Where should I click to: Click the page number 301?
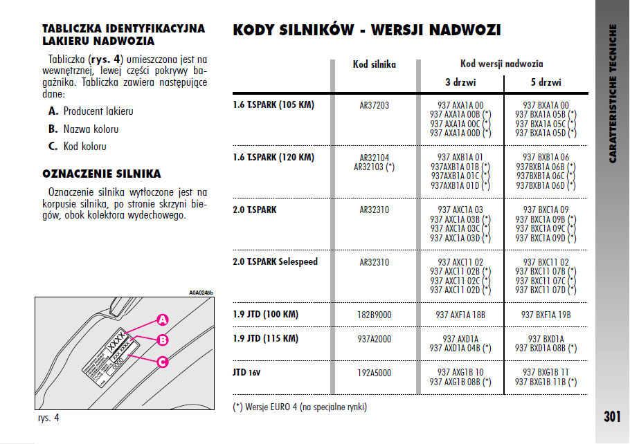tap(611, 416)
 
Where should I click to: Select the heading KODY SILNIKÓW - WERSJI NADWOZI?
tap(367, 30)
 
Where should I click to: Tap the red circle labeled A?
tap(162, 320)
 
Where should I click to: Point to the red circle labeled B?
tap(162, 340)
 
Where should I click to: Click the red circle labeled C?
tap(162, 361)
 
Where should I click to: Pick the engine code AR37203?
tap(374, 105)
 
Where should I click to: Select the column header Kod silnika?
tap(374, 64)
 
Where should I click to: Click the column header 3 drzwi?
tap(460, 82)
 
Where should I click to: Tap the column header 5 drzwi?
tap(546, 82)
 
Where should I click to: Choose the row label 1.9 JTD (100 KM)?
tap(266, 314)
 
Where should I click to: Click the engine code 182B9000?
tap(374, 315)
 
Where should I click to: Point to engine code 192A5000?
tap(374, 373)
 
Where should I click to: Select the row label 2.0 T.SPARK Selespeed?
tap(276, 262)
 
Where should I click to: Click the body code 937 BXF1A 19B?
tap(546, 315)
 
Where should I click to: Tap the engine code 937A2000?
tap(374, 339)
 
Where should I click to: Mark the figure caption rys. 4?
tap(48, 418)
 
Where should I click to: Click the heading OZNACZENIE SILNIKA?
tap(102, 174)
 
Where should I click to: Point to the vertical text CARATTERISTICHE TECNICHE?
tap(613, 93)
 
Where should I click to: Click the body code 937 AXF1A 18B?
tap(460, 315)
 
